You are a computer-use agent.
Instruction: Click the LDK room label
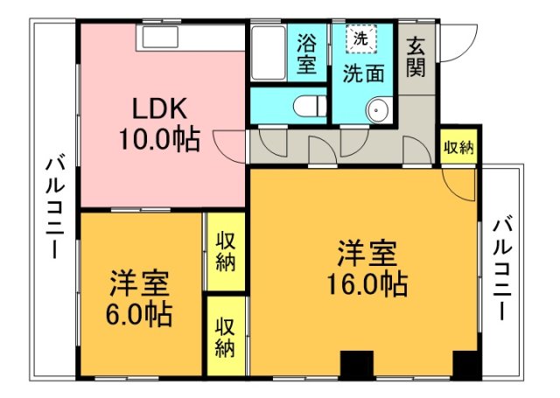pyautogui.click(x=159, y=108)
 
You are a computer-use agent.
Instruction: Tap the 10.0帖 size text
pyautogui.click(x=159, y=139)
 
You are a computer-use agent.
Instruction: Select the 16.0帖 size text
pyautogui.click(x=367, y=283)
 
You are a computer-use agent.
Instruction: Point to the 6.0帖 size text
pyautogui.click(x=139, y=315)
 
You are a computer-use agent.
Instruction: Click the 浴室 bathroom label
pyautogui.click(x=307, y=53)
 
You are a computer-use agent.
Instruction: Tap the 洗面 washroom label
pyautogui.click(x=364, y=73)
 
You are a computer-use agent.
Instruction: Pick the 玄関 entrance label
pyautogui.click(x=416, y=56)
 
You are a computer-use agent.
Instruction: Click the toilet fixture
pyautogui.click(x=310, y=106)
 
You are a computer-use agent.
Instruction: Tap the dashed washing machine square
pyautogui.click(x=361, y=38)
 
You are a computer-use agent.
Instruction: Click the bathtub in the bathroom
pyautogui.click(x=269, y=53)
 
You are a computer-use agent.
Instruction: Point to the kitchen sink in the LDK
pyautogui.click(x=160, y=37)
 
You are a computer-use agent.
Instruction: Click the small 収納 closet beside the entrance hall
pyautogui.click(x=458, y=146)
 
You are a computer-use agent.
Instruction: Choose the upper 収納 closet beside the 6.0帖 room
pyautogui.click(x=226, y=252)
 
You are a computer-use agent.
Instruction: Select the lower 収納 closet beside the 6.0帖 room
pyautogui.click(x=226, y=336)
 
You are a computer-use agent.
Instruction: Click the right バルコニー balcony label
pyautogui.click(x=502, y=270)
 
